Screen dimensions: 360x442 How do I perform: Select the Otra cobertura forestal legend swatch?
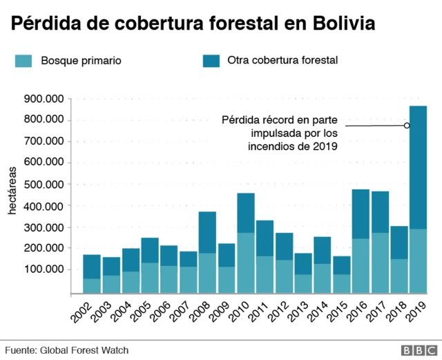click(x=211, y=61)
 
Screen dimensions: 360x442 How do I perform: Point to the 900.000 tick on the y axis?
click(x=44, y=99)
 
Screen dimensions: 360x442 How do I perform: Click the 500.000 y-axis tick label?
click(x=44, y=184)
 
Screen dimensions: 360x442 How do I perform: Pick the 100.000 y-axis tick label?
click(x=44, y=269)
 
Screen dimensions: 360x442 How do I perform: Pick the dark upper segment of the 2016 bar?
click(x=361, y=214)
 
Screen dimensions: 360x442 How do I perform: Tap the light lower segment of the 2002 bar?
click(x=92, y=285)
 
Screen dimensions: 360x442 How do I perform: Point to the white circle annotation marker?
click(x=407, y=125)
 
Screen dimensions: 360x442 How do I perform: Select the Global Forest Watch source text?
click(x=66, y=350)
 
